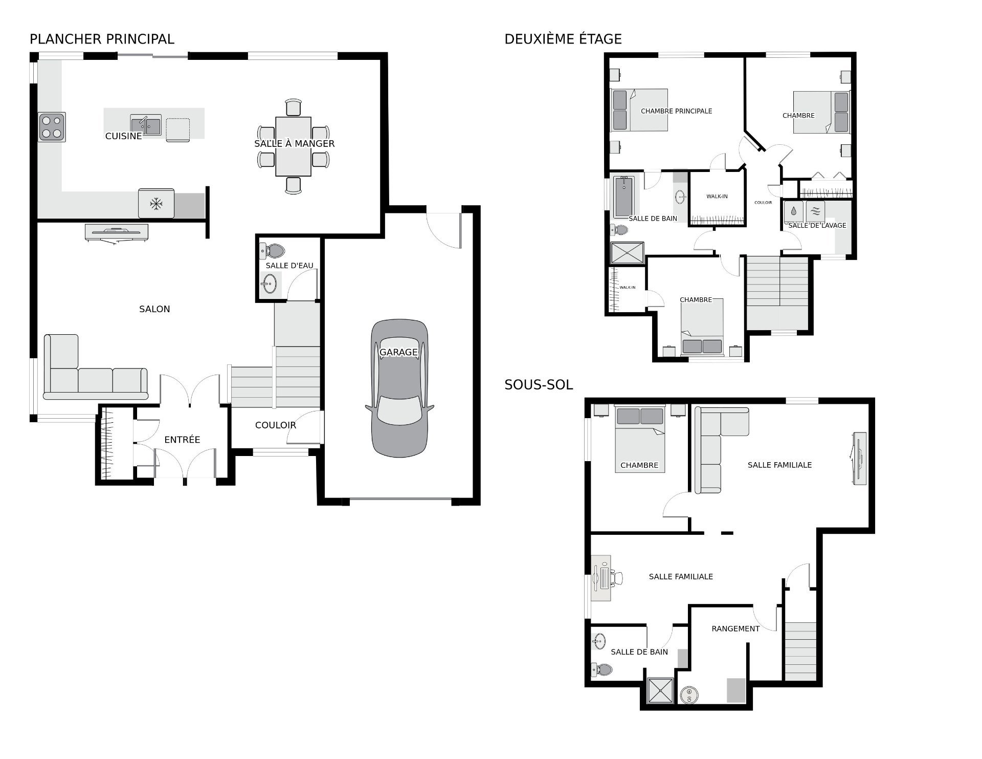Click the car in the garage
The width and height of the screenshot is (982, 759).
pos(399,388)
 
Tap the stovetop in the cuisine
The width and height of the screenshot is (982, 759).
pos(52,127)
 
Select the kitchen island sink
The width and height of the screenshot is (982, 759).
pos(146,124)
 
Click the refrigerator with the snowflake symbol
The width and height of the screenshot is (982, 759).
pos(156,204)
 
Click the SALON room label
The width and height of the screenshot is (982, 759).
pos(154,309)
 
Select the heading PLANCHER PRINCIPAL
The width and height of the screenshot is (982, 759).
pos(102,39)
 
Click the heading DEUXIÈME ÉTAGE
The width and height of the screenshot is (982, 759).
pos(563,39)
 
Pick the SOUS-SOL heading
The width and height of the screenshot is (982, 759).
pos(539,384)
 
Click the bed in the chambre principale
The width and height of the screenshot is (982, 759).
pos(639,110)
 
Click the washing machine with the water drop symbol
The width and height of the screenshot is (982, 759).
pos(794,211)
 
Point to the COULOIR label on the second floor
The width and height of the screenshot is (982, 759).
pos(763,203)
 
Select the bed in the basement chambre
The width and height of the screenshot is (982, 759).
pos(640,439)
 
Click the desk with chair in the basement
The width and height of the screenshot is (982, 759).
pos(606,578)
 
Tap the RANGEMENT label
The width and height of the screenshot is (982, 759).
pos(735,628)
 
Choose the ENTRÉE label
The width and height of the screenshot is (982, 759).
pos(182,440)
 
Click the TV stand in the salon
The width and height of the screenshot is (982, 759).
pos(117,232)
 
